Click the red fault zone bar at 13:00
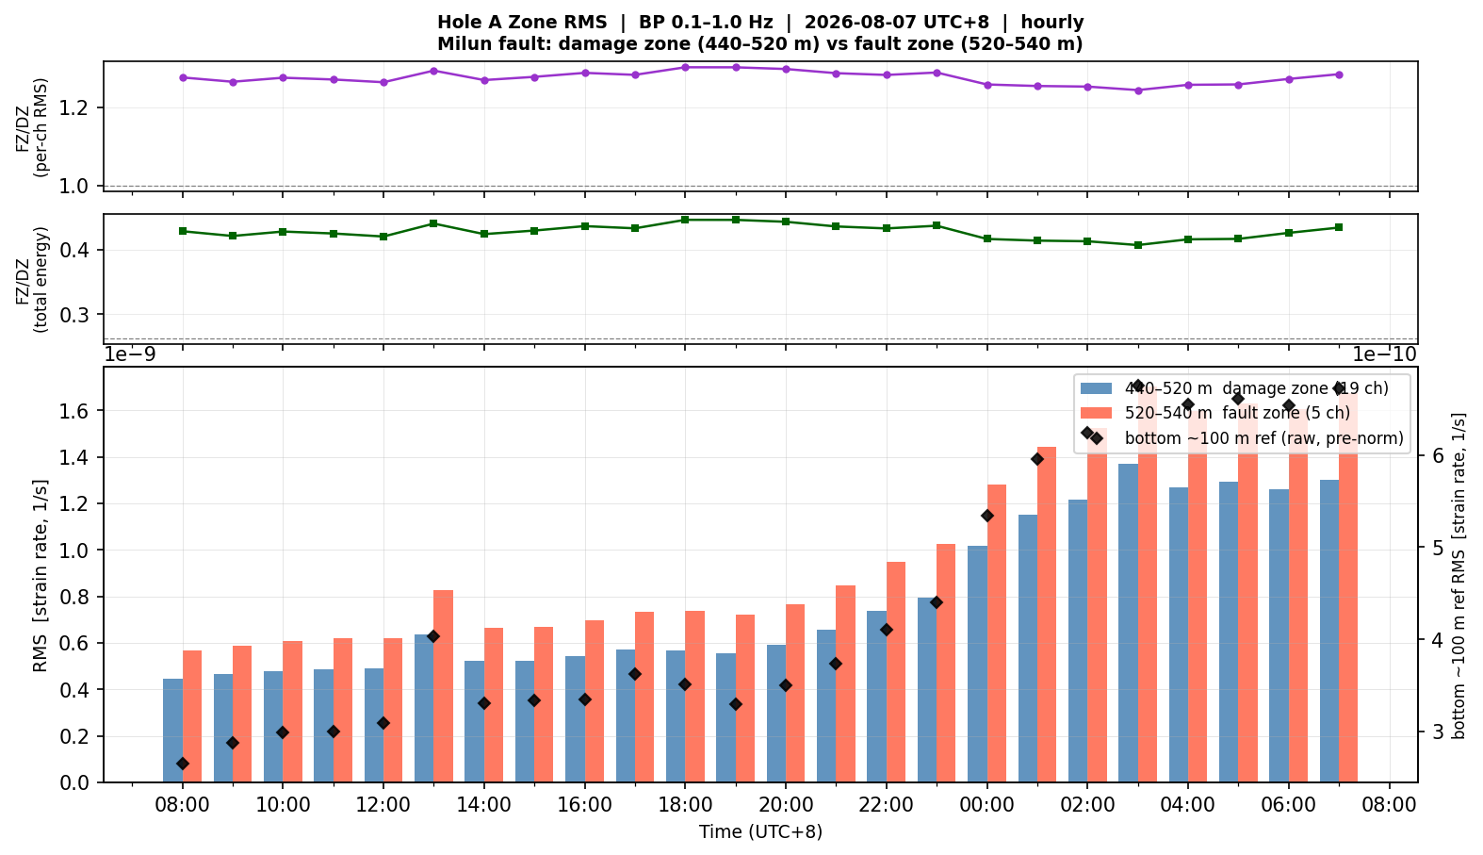(x=443, y=686)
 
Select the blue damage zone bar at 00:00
(x=977, y=665)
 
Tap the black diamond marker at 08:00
(x=183, y=764)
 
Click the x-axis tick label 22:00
(x=886, y=805)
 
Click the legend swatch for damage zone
(x=1097, y=388)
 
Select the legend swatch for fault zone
(x=1097, y=413)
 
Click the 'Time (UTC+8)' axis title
(x=760, y=831)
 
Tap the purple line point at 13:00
(x=433, y=71)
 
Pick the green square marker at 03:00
(x=1138, y=245)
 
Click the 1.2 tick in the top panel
(x=73, y=108)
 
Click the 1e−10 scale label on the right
(x=1384, y=355)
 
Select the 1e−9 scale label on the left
(x=130, y=355)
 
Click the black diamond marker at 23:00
(x=937, y=602)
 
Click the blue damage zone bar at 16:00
(x=576, y=719)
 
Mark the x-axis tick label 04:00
(x=1188, y=805)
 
